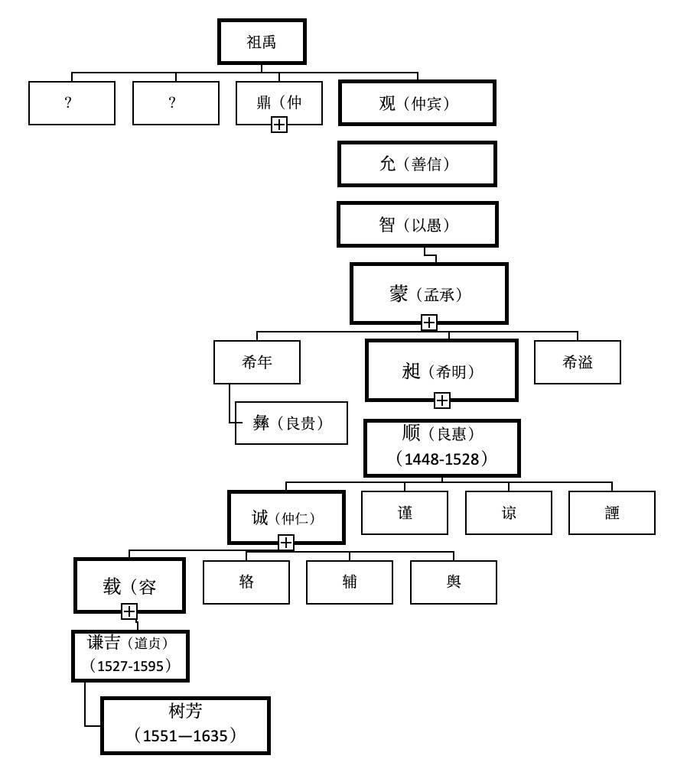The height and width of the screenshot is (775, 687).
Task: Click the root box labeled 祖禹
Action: coord(262,42)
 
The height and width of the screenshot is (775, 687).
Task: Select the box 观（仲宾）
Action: coord(417,103)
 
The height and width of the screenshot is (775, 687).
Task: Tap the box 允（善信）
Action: coord(417,164)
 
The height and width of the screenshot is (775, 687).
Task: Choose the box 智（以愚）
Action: coord(417,225)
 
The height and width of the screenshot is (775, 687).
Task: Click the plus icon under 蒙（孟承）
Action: coord(429,323)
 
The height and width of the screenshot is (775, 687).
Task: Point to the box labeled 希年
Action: coord(257,362)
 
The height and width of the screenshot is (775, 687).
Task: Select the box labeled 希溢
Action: coord(578,362)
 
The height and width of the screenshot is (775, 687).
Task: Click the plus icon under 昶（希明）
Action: coord(442,400)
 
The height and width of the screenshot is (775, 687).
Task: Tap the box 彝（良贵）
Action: coord(291,423)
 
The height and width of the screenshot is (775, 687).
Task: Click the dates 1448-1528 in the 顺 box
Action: coord(442,459)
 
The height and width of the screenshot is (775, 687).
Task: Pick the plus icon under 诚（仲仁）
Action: coord(286,543)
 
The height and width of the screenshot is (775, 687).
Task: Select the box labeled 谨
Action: coord(405,513)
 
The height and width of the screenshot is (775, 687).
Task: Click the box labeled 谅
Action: coord(509,513)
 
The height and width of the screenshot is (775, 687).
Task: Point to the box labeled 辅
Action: coord(350,582)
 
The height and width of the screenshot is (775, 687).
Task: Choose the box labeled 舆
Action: coord(454,582)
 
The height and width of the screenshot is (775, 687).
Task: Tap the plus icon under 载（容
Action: coord(129,611)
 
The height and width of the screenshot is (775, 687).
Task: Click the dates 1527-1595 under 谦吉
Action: coord(130,666)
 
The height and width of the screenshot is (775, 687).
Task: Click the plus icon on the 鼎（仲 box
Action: coord(279,125)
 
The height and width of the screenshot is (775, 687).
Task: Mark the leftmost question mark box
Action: coord(72,103)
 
